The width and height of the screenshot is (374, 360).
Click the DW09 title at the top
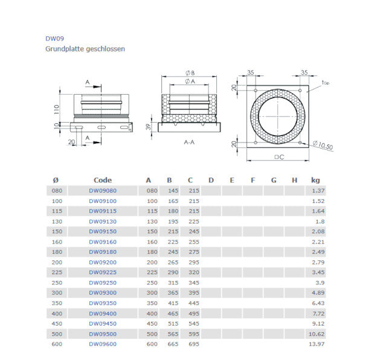coord(54,38)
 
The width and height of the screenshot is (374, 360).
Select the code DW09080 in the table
coord(103,190)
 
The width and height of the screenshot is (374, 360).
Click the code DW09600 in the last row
coord(103,344)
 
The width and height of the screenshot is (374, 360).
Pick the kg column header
coord(315,180)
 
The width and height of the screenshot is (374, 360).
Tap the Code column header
coord(103,180)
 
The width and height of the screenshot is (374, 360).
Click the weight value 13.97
coord(317,344)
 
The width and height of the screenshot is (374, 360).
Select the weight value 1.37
coord(318,190)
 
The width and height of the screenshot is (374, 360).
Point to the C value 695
coord(193,344)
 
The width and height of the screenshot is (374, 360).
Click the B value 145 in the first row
coord(173,190)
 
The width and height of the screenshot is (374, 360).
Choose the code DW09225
coord(103,272)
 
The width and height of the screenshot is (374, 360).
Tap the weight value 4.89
coord(318,293)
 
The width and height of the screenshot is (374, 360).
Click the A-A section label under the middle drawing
coord(189,143)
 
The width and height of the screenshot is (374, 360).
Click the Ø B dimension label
coord(189,73)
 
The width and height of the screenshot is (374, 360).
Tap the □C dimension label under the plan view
coord(279,158)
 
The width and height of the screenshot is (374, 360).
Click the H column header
coord(294,180)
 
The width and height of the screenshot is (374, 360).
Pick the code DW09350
coord(103,303)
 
